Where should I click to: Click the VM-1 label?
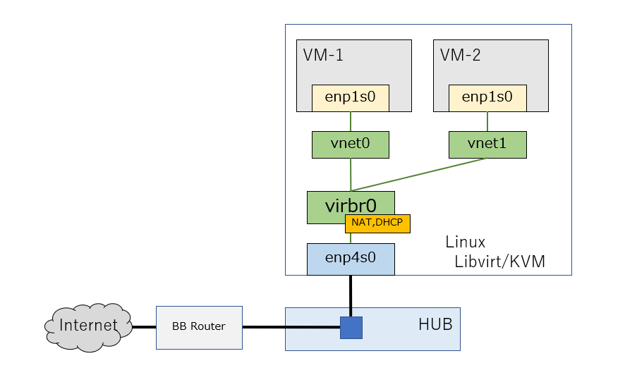(323, 56)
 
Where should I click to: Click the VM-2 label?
(460, 56)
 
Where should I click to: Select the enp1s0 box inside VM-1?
(351, 98)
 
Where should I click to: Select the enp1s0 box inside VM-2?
(487, 98)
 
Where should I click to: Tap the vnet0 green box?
(351, 145)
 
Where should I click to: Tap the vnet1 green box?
(487, 145)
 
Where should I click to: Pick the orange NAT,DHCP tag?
(377, 224)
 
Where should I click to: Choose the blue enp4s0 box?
(351, 259)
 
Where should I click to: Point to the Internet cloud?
(88, 326)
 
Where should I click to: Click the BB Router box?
(199, 327)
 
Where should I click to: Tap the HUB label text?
(435, 325)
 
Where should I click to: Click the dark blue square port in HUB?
(351, 327)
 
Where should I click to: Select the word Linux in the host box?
(466, 242)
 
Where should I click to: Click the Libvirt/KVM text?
(500, 263)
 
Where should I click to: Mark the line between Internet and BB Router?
(144, 327)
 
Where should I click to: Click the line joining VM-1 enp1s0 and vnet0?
(351, 121)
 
